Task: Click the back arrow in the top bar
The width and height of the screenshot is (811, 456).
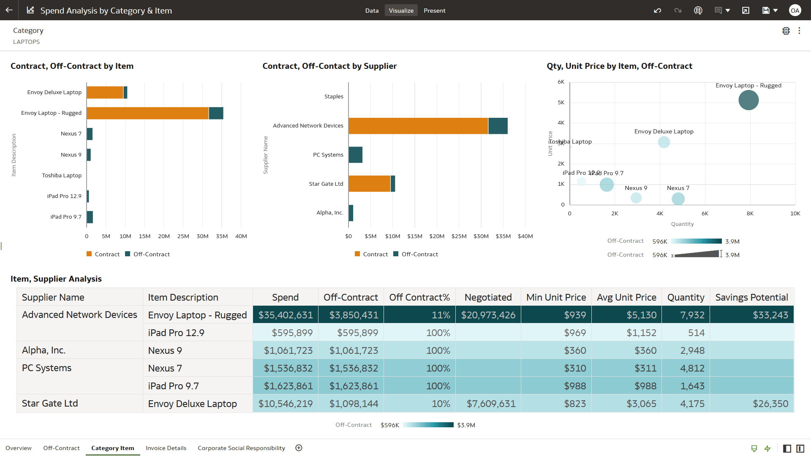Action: [9, 10]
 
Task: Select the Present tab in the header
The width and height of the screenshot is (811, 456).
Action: [434, 11]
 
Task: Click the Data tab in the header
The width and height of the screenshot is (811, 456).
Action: [372, 11]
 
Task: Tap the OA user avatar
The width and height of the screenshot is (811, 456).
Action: [795, 11]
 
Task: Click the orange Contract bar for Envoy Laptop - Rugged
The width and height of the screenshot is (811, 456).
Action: [147, 113]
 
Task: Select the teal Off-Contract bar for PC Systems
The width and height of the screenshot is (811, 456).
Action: [356, 155]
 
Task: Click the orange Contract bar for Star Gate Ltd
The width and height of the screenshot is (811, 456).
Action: [369, 184]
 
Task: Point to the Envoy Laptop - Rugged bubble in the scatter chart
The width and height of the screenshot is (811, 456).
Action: [748, 100]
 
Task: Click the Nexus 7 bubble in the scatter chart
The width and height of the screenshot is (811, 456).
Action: [678, 198]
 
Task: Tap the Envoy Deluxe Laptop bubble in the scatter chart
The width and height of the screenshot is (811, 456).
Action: [664, 142]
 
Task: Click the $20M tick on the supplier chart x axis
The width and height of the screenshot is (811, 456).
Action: [437, 236]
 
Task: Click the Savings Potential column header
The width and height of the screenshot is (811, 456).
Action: [751, 297]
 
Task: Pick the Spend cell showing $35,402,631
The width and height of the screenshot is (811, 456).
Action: [286, 315]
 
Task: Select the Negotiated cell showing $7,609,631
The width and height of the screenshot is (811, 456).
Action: [490, 404]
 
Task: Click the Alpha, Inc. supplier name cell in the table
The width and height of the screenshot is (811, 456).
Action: [44, 350]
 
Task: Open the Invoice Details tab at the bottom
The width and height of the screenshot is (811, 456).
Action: [166, 448]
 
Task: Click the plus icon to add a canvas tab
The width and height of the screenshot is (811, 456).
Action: [299, 448]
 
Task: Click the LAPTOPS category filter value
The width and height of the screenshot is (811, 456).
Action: [26, 42]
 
